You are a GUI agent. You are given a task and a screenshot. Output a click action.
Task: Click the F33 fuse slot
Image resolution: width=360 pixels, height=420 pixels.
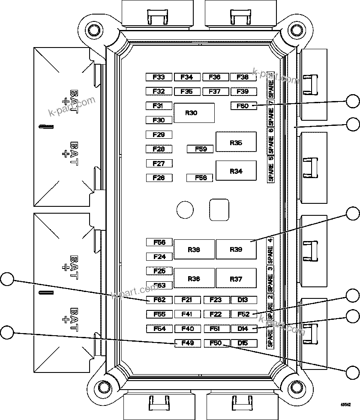[159, 77]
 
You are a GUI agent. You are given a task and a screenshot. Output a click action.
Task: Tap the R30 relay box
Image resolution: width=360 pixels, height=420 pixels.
[194, 113]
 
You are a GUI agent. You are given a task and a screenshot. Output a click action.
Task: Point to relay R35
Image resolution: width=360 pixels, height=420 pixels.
[236, 142]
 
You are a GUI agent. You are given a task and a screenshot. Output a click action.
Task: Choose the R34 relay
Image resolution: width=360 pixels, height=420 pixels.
[236, 171]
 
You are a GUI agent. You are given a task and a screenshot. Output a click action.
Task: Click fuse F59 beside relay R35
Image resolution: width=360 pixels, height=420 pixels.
[200, 149]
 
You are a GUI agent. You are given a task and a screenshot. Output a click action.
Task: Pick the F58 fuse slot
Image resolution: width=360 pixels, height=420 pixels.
[200, 178]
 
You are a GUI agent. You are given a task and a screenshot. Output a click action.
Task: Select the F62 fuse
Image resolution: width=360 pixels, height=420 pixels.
[159, 300]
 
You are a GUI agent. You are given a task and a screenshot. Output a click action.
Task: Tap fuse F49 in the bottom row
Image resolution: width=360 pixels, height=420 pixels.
[188, 343]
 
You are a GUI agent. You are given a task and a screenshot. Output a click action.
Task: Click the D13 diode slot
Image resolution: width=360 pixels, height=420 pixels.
[243, 300]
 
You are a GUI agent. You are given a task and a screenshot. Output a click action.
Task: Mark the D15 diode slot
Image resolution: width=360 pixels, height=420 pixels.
[243, 343]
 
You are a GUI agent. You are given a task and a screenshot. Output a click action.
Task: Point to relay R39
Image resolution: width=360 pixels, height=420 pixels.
[236, 250]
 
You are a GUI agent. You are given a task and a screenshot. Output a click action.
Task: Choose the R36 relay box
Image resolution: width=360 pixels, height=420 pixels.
[194, 278]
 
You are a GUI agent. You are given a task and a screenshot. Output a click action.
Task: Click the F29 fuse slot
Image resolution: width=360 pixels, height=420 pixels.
[159, 134]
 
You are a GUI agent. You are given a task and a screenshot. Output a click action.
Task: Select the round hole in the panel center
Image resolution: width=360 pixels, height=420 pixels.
[185, 210]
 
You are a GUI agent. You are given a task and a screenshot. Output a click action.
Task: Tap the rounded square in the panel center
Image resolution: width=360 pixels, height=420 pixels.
[219, 210]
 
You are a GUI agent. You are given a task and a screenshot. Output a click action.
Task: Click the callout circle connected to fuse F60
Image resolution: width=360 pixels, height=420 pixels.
[353, 101]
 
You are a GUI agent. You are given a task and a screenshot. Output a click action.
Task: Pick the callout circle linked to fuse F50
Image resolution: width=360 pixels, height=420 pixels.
[353, 372]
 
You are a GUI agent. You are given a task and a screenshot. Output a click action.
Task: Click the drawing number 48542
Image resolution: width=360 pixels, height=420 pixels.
[345, 404]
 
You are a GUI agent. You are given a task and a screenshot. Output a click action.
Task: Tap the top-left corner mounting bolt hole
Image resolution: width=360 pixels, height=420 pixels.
[92, 30]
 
